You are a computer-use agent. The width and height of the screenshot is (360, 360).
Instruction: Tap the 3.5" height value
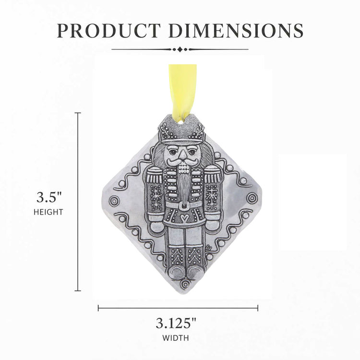pos(49,197)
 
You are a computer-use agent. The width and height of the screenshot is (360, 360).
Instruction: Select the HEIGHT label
pos(48,212)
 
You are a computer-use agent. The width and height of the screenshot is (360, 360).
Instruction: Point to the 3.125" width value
pos(176,323)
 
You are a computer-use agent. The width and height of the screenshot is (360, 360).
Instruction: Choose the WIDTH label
pos(176,338)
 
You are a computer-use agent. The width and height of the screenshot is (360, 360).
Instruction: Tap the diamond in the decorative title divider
pos(180,49)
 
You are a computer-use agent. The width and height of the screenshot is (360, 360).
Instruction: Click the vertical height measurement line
pos(78,202)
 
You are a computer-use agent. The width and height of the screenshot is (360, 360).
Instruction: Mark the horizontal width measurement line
pos(178,308)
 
